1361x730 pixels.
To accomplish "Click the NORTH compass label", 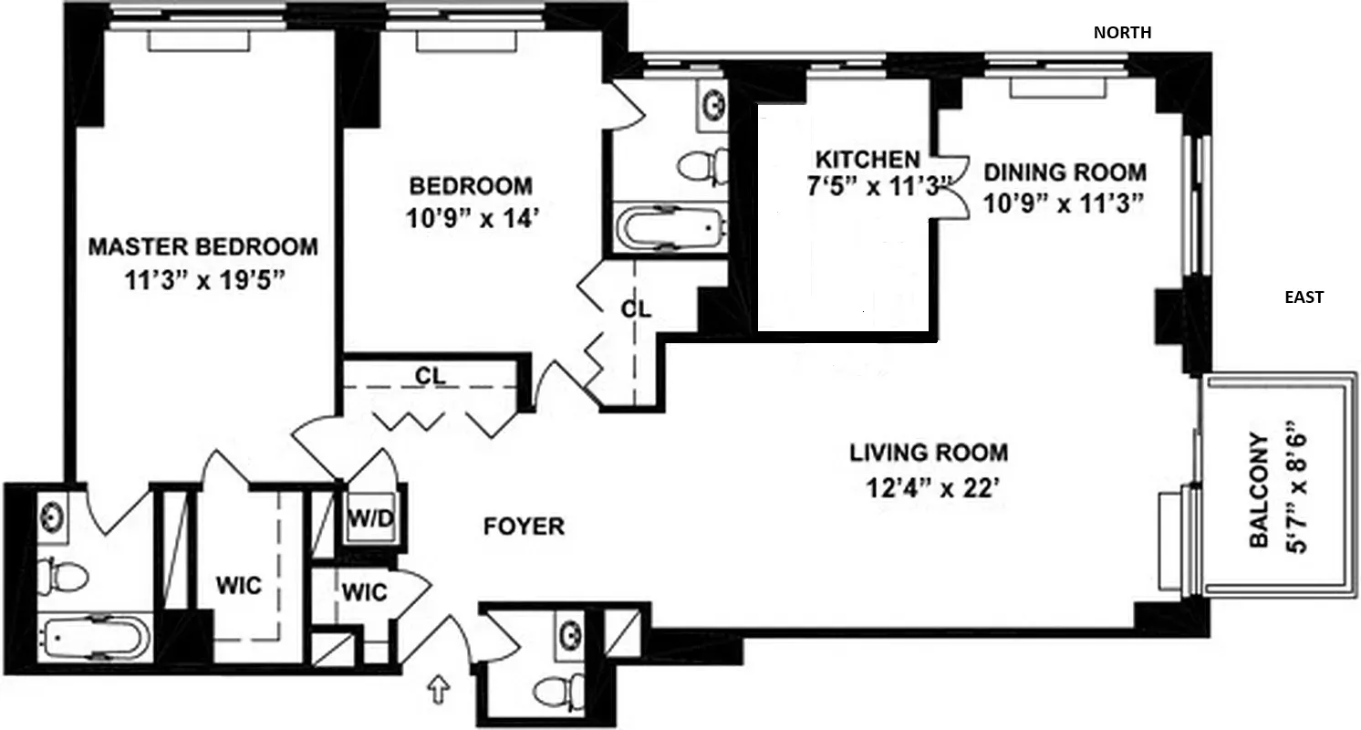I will pyautogui.click(x=1122, y=33).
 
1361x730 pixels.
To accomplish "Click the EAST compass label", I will pyautogui.click(x=1304, y=297).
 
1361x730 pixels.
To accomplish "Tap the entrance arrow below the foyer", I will pyautogui.click(x=440, y=690).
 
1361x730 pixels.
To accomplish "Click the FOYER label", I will pyautogui.click(x=524, y=527).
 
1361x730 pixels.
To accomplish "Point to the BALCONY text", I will pyautogui.click(x=1259, y=490).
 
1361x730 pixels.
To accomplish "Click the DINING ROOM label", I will pyautogui.click(x=1064, y=172).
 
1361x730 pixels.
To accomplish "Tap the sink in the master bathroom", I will pyautogui.click(x=52, y=517).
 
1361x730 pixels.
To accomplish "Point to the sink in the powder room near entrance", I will pyautogui.click(x=571, y=631).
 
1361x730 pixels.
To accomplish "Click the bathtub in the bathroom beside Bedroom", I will pyautogui.click(x=670, y=227).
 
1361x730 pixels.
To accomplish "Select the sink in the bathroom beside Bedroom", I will pyautogui.click(x=712, y=101).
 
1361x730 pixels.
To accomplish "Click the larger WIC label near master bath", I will pyautogui.click(x=239, y=585).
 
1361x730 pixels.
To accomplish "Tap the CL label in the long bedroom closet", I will pyautogui.click(x=429, y=375).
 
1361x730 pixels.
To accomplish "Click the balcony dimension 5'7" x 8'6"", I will pyautogui.click(x=1296, y=487).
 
